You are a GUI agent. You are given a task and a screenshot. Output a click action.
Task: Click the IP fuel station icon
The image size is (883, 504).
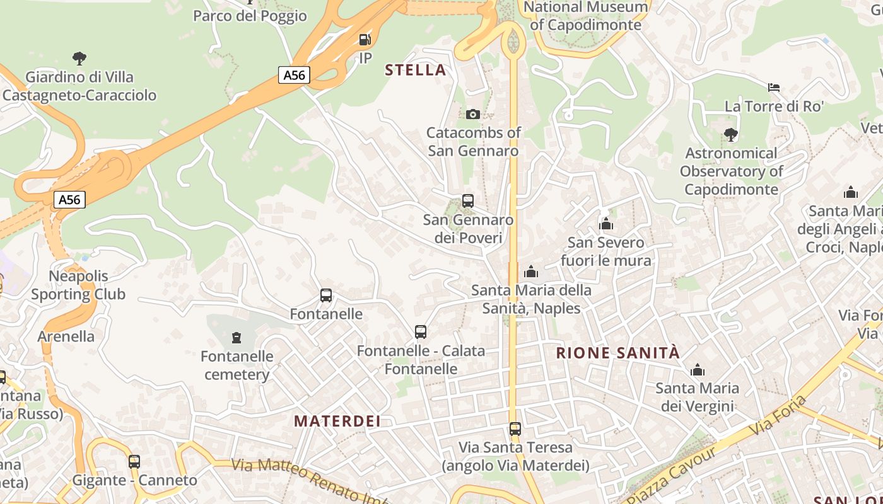[365, 40]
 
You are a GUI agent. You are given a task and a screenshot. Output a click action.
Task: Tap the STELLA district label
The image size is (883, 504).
[416, 70]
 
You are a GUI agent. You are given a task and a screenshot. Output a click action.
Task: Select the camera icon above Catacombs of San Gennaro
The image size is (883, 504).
[473, 114]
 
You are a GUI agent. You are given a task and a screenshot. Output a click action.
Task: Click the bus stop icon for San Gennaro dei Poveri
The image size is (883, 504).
[468, 201]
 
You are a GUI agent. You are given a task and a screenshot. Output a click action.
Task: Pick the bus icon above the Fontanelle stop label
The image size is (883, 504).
[326, 295]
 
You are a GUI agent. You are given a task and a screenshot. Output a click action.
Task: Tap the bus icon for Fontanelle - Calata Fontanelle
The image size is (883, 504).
[421, 331]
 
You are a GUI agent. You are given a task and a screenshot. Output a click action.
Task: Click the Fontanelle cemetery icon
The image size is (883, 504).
[237, 338]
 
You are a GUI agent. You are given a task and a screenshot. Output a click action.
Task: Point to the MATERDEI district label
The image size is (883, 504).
[337, 421]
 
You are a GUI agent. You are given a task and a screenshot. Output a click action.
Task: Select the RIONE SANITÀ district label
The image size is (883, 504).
[618, 353]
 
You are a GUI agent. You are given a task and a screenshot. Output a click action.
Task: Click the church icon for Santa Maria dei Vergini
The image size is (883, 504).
[698, 370]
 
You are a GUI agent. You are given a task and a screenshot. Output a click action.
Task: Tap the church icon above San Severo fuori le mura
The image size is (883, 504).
[606, 224]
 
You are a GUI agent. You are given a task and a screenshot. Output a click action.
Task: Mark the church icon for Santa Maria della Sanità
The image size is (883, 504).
[531, 272]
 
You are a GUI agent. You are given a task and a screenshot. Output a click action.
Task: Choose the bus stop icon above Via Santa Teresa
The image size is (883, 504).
[515, 429]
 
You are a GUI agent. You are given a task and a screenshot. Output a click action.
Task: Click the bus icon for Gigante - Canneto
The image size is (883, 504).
[134, 461]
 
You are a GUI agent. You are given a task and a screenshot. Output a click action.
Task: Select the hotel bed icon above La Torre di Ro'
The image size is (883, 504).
[774, 87]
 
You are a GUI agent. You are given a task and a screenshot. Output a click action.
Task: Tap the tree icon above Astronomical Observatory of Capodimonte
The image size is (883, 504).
[731, 134]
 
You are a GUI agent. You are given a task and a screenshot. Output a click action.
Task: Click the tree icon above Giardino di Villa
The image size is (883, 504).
[79, 59]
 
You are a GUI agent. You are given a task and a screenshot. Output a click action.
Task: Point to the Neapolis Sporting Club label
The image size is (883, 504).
[78, 285]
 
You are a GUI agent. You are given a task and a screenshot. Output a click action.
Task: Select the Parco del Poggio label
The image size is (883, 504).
[250, 16]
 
